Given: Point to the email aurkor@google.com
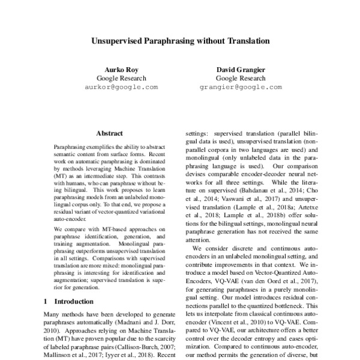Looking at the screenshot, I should click(x=122, y=87).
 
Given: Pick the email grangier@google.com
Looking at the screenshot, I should click(x=240, y=87).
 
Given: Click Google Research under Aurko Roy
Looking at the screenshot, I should click(x=122, y=79).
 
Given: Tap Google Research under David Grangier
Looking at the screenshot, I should click(x=240, y=79).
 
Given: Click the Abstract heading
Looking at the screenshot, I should click(x=109, y=133).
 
